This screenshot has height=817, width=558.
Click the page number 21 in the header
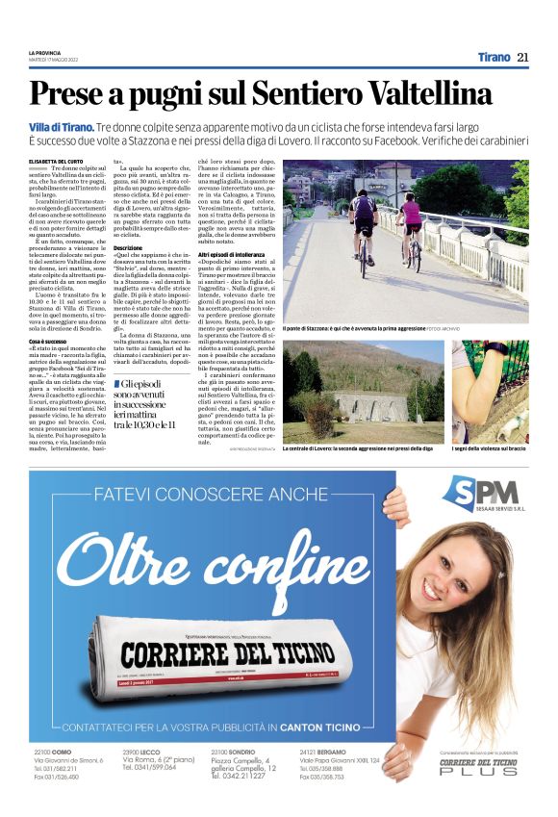pyautogui.click(x=522, y=58)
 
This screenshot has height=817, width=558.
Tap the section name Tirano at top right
pyautogui.click(x=494, y=58)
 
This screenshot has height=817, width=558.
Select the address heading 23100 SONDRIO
pyautogui.click(x=235, y=751)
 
